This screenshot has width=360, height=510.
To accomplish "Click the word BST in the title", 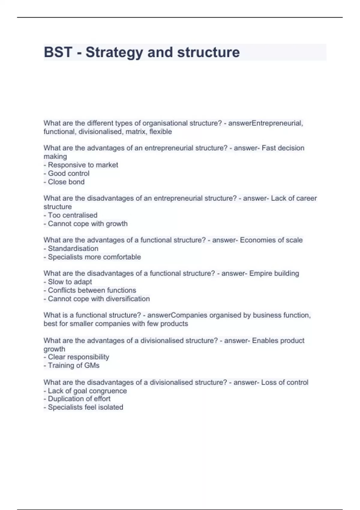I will (58, 52).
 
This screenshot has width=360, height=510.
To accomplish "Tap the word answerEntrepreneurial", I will (265, 123).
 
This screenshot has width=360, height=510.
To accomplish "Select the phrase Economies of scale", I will (271, 240).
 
